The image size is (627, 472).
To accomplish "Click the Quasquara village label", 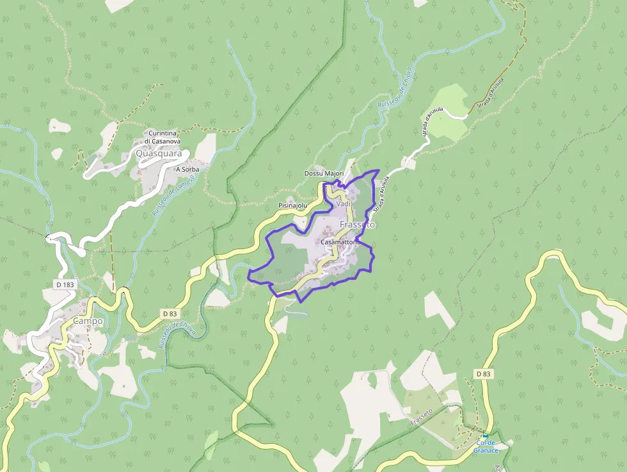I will click(x=159, y=154).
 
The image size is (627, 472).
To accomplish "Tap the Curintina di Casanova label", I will click(x=162, y=137).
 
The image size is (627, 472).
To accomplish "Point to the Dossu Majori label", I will click(x=324, y=174).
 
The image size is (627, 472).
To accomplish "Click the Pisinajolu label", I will click(x=293, y=206).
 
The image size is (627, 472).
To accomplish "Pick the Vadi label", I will click(x=344, y=204).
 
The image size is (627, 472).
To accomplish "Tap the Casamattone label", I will click(x=341, y=243).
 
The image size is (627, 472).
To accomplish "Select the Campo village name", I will click(x=88, y=320).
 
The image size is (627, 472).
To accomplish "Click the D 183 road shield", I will click(x=65, y=283).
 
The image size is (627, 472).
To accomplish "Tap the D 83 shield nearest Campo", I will click(x=169, y=313).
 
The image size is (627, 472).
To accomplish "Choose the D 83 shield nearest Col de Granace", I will click(x=483, y=373).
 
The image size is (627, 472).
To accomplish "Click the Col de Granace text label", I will click(x=486, y=446).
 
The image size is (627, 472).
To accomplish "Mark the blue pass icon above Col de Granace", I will click(x=486, y=435).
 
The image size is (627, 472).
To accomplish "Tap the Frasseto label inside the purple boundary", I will click(x=358, y=225).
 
